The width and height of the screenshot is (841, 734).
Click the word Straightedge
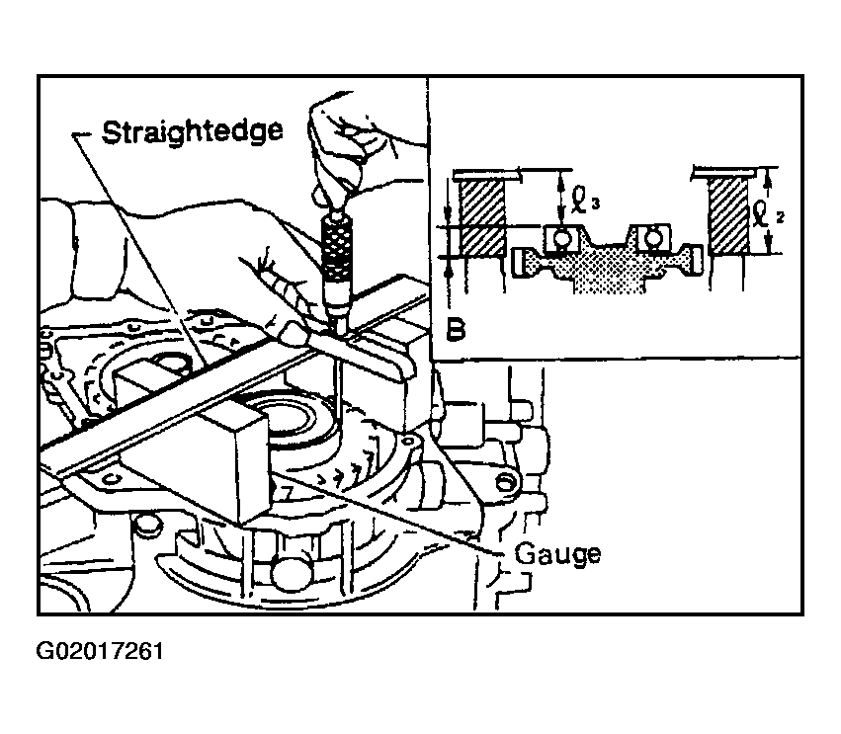click(x=192, y=132)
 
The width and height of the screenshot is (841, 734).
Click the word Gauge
click(x=557, y=554)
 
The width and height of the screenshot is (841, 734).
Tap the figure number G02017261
click(x=100, y=651)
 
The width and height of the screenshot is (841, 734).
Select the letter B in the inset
click(x=456, y=330)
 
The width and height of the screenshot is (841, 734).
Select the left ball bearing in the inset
click(x=560, y=238)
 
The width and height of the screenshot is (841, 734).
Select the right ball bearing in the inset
click(x=652, y=237)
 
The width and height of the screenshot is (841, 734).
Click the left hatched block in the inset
click(x=482, y=216)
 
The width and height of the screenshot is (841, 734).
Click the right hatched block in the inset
click(x=728, y=215)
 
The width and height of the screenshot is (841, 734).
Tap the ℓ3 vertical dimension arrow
click(x=560, y=198)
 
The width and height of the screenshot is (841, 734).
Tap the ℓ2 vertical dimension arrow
click(x=769, y=210)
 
